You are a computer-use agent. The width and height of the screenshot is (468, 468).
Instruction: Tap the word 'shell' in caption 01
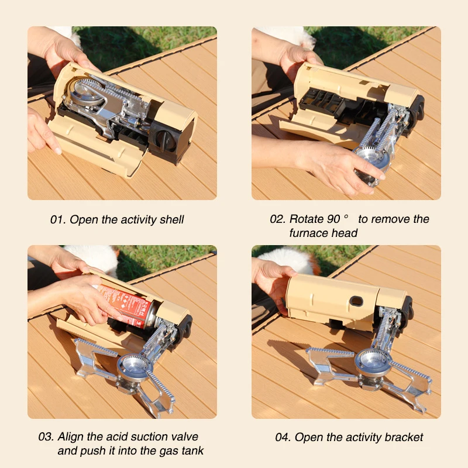pyautogui.click(x=171, y=220)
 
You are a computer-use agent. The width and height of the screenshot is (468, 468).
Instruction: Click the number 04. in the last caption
pyautogui.click(x=283, y=438)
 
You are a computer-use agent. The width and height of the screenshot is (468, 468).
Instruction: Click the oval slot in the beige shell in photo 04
pyautogui.click(x=355, y=302)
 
